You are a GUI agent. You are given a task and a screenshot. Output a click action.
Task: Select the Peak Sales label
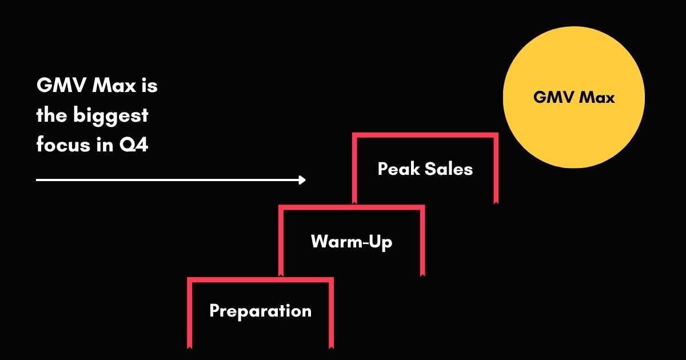coord(425,169)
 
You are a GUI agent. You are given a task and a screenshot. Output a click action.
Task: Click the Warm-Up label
coord(352,242)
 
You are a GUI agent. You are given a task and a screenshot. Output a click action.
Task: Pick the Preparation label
coord(260,311)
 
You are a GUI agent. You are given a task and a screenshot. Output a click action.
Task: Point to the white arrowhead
coord(302,180)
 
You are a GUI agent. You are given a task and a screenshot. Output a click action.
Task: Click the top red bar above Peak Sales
coord(425,135)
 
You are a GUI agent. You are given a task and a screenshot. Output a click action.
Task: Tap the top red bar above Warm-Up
coord(352,207)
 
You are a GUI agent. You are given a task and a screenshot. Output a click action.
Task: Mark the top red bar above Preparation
coord(260,279)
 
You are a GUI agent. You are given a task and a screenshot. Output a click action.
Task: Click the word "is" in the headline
coord(150,86)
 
